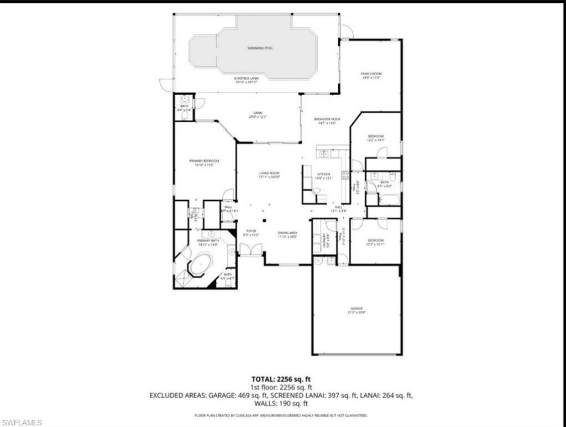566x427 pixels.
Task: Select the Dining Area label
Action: coord(287,234)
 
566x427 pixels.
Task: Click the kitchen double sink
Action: coord(324,154)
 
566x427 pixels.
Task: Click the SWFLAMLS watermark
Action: coord(22,423)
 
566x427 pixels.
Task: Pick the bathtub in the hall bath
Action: coord(390,199)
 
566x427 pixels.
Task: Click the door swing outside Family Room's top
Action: coord(347,32)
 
